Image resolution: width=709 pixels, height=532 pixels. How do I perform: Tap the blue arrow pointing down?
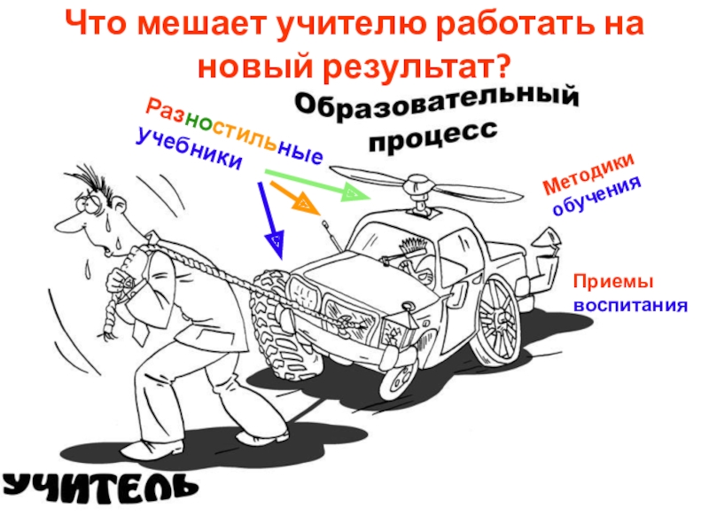tap(270, 220)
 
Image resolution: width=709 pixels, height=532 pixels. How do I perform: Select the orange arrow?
tap(295, 197)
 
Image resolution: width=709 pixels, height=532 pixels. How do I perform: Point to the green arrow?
tap(317, 184)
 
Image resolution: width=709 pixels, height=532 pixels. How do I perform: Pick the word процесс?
tap(433, 137)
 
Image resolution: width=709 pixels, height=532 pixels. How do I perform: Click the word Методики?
tap(588, 174)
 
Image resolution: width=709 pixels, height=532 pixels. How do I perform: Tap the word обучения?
tap(596, 197)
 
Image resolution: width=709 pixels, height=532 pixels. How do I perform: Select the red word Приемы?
tap(613, 282)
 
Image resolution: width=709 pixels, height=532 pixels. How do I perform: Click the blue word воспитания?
tap(630, 305)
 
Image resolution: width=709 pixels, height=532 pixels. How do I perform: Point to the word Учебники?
tap(190, 148)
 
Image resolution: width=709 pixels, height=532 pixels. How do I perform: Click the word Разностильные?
tap(235, 129)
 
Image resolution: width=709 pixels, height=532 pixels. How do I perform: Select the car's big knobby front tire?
tap(275, 317)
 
